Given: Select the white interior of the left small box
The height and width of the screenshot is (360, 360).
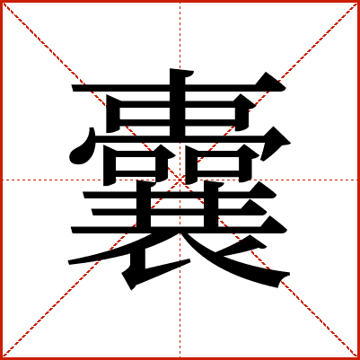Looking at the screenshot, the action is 136,164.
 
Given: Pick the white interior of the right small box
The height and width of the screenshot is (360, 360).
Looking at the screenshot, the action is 217,164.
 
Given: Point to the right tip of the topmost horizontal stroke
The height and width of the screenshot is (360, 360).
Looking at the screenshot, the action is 285,88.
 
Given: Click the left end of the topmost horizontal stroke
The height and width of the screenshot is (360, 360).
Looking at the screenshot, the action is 73,88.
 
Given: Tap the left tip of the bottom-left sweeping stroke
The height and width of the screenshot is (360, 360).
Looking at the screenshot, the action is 69,263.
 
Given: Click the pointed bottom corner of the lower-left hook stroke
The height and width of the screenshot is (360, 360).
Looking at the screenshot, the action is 131,290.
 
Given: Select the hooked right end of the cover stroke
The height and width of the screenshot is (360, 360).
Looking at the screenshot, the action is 290,144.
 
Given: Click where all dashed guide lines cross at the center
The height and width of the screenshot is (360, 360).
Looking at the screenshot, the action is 180,180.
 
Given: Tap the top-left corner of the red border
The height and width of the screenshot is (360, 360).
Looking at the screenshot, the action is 1,1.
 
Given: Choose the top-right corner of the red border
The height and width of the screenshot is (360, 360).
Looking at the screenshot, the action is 358,1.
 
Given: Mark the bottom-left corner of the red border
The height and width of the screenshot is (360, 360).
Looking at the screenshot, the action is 1,358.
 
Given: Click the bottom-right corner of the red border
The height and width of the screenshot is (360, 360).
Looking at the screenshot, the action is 358,358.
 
